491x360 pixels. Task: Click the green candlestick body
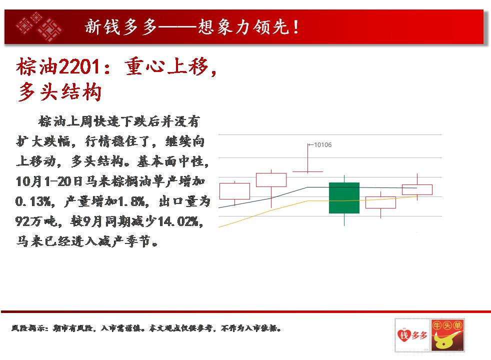[x=344, y=198]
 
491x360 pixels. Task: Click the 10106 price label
[x=322, y=144]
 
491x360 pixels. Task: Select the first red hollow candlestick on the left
[x=234, y=191]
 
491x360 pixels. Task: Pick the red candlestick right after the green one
[x=380, y=202]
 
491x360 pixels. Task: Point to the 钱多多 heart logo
[x=412, y=335]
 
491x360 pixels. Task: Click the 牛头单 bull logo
[x=447, y=335]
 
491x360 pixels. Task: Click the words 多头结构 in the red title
[x=59, y=92]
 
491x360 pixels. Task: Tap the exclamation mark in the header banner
[x=296, y=27]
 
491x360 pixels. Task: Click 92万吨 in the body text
[x=34, y=221]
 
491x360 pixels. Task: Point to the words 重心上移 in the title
[x=167, y=66]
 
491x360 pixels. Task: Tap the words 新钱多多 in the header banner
[x=121, y=26]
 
